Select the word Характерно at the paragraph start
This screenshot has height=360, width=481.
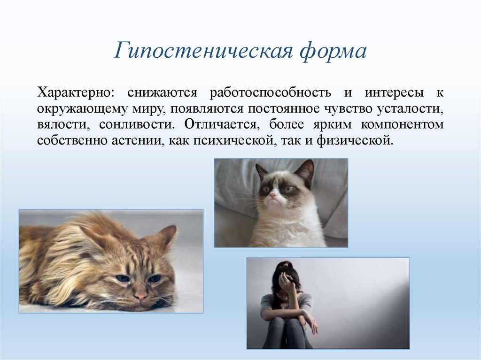coord(75,92)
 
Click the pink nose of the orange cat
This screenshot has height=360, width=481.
coord(140,296)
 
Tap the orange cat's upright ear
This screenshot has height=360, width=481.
coord(167,234)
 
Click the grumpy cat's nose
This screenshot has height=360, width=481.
coord(272,194)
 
